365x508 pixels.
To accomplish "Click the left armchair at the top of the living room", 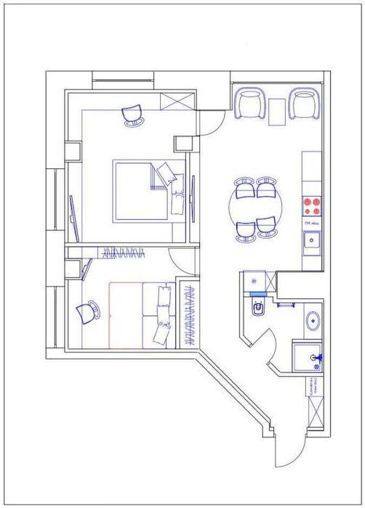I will [x=251, y=103].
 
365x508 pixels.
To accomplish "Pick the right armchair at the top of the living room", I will [x=303, y=103].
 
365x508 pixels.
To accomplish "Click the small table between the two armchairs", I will [x=277, y=110].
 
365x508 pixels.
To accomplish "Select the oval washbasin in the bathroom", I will [x=314, y=320].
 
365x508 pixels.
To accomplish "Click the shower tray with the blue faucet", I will [x=310, y=356].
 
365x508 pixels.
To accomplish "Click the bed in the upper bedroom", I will [x=145, y=191].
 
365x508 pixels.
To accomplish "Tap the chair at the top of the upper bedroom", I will [x=134, y=115].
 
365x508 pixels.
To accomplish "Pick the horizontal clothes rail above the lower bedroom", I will [x=124, y=253].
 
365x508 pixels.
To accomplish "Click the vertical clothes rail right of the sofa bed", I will [x=192, y=315].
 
